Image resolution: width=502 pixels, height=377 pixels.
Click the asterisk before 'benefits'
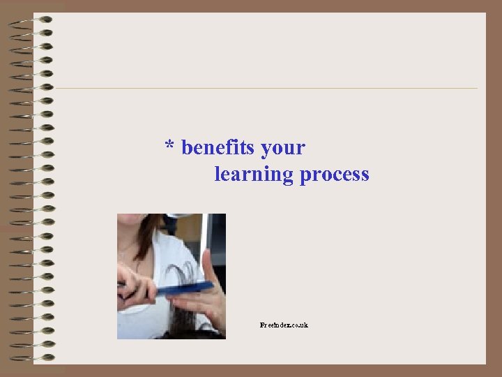tap(169, 145)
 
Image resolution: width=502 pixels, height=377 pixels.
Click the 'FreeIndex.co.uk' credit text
tap(284, 325)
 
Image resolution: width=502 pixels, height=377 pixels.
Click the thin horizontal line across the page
tap(265, 88)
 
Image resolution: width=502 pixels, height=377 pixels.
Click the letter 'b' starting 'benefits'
tap(187, 147)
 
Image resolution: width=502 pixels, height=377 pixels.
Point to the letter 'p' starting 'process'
tap(305, 176)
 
